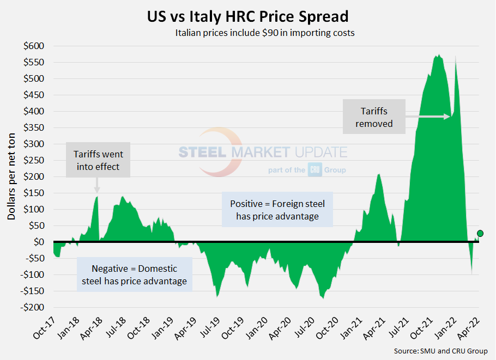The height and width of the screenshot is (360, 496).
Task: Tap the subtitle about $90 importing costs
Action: pos(265,33)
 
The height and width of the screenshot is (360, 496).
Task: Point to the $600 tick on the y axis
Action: pos(34,46)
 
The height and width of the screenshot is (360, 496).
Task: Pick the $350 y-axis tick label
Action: pos(34,127)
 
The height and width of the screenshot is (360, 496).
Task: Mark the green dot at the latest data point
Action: pos(480,234)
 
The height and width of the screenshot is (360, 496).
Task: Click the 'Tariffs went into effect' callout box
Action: pos(98,160)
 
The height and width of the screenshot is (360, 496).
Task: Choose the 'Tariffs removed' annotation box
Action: pos(374,117)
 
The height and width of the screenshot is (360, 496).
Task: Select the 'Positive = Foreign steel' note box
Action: pos(277,210)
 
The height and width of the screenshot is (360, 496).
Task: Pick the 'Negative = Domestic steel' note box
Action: pos(134,274)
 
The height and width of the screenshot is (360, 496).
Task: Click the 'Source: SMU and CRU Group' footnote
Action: pos(440,351)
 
